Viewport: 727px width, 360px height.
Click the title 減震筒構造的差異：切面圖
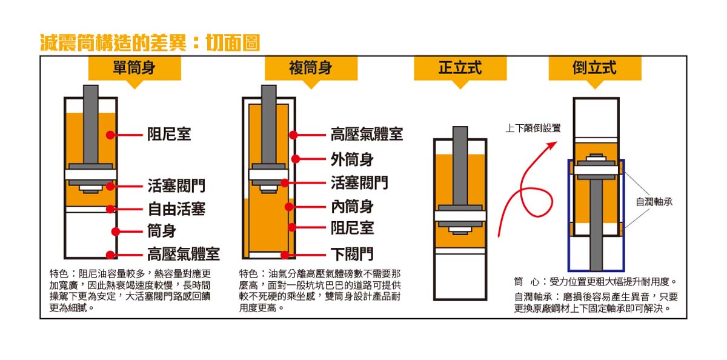(150, 42)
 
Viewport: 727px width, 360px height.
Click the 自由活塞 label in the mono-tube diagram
(176, 208)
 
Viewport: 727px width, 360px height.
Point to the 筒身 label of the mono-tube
(162, 231)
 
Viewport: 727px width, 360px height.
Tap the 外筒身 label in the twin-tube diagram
(352, 159)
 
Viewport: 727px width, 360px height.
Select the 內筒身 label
(352, 207)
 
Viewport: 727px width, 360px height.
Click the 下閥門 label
(352, 254)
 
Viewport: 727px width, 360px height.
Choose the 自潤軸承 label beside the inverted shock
(654, 202)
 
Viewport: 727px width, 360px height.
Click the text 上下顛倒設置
(533, 128)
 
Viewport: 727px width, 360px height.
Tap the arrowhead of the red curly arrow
(553, 145)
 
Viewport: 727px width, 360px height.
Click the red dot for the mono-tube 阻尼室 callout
(110, 135)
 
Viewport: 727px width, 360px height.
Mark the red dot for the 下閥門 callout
(285, 255)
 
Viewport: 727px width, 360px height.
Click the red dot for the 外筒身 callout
(296, 159)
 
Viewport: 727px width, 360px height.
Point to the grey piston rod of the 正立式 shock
(460, 165)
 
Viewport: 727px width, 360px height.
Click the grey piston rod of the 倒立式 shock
(596, 225)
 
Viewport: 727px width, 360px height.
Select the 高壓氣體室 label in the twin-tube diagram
(367, 134)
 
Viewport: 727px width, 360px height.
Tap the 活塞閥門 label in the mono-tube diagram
(176, 185)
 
